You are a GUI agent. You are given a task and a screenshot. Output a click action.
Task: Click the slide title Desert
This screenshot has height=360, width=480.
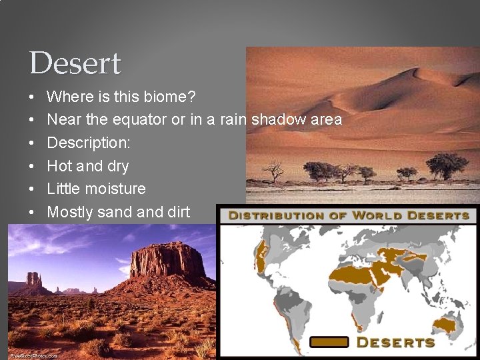tap(75, 64)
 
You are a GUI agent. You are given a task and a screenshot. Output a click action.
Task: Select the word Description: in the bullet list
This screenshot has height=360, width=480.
tap(89, 143)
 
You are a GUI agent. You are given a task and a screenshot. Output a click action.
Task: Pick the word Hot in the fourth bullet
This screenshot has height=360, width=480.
tap(59, 166)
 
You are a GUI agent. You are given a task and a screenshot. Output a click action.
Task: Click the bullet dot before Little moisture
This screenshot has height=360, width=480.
tap(33, 189)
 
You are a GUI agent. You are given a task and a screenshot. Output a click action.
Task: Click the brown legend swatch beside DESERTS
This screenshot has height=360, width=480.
tap(329, 342)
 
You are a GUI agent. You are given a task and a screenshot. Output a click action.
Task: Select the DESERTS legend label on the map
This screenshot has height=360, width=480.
tap(395, 342)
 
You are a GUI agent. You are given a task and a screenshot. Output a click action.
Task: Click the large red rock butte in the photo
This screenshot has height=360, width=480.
tap(167, 261)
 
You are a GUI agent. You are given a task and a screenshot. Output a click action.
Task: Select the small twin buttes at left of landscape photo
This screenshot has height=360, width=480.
tap(34, 279)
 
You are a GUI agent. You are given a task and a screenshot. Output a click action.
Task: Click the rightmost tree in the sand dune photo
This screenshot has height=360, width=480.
tap(447, 165)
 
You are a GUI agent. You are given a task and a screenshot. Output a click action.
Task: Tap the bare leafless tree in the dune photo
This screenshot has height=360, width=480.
tap(273, 171)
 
